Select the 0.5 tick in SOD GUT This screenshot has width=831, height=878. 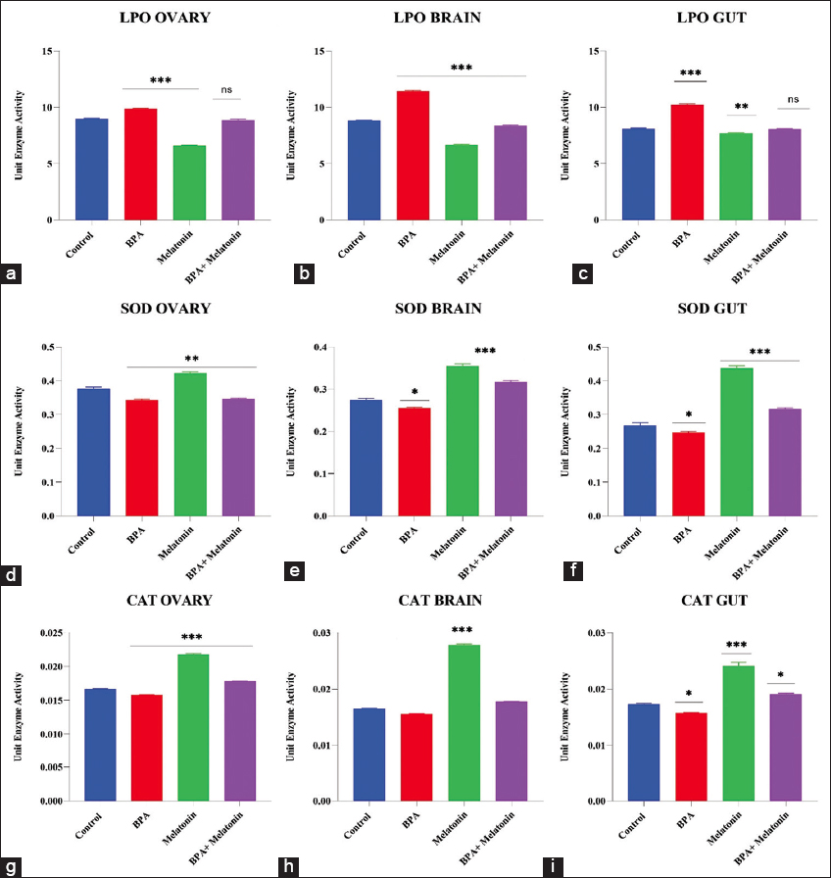coord(607,347)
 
